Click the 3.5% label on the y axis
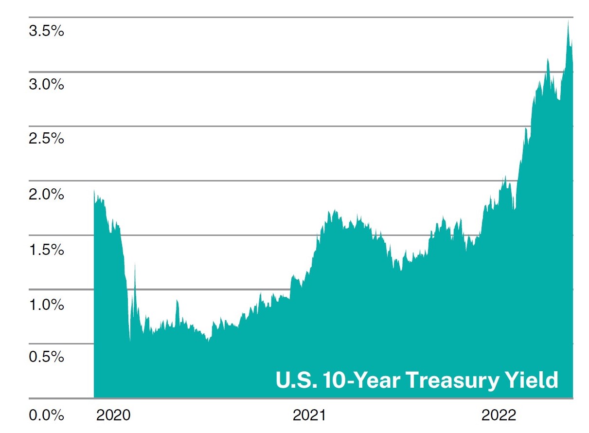46,32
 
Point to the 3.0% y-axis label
46,85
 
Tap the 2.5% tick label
46,139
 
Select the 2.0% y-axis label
46,195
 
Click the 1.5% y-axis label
46,250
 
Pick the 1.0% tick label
46,305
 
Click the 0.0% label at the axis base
46,415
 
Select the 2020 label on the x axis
113,415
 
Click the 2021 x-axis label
309,415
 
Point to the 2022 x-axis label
499,415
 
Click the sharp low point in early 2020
130,341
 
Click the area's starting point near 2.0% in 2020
94,190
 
